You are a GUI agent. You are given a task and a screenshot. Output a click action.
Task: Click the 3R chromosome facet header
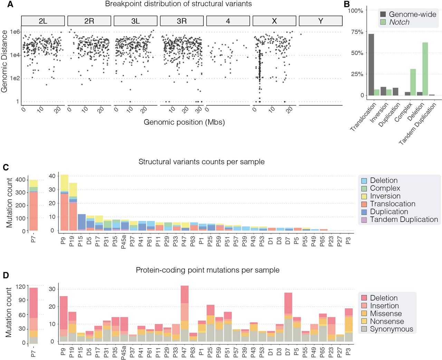(182, 21)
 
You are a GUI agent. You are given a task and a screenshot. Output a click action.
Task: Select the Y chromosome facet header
(320, 21)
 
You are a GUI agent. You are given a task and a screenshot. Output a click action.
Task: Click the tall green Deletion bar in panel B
(425, 69)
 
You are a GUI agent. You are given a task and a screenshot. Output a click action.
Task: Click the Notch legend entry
(399, 22)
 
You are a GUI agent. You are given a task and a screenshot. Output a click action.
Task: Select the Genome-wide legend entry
(412, 14)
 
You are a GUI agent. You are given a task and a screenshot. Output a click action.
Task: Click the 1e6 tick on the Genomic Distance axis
(15, 32)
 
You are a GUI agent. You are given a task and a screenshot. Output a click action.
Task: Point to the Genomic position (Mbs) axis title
(184, 122)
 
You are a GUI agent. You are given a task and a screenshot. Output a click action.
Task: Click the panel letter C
(6, 168)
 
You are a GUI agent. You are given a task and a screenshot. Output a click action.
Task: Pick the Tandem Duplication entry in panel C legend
(404, 220)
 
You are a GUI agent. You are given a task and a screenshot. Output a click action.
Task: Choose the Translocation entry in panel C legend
(392, 204)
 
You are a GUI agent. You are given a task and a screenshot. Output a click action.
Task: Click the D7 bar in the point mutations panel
(288, 317)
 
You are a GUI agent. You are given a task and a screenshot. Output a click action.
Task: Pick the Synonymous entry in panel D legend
(391, 329)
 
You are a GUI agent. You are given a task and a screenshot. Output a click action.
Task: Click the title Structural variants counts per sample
(201, 162)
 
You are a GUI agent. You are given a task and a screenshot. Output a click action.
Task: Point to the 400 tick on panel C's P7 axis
(20, 180)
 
